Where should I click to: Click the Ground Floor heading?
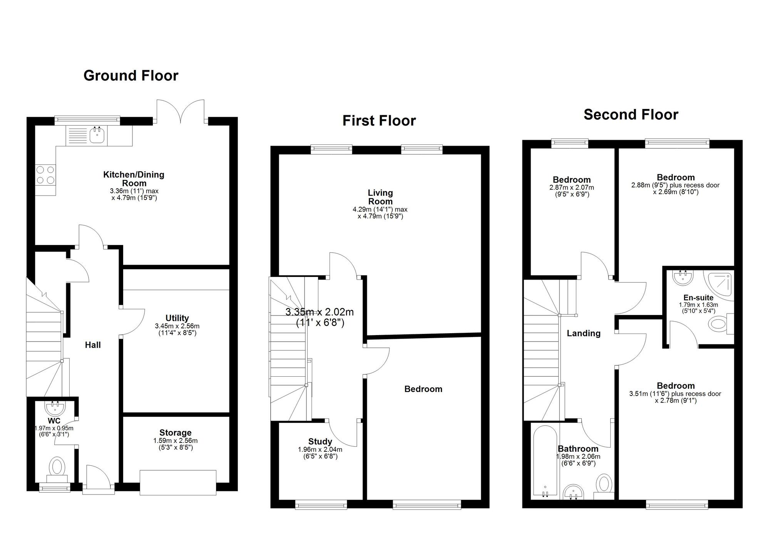[131, 75]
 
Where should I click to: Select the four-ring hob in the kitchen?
[45, 174]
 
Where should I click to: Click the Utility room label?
[177, 318]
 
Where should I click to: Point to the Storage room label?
[176, 433]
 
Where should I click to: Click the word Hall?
[93, 345]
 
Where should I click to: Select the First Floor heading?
[379, 121]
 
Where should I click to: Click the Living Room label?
[380, 197]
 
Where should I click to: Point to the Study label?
[320, 442]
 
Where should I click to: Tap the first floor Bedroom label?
[423, 389]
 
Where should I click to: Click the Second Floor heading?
[631, 115]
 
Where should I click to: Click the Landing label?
[583, 334]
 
